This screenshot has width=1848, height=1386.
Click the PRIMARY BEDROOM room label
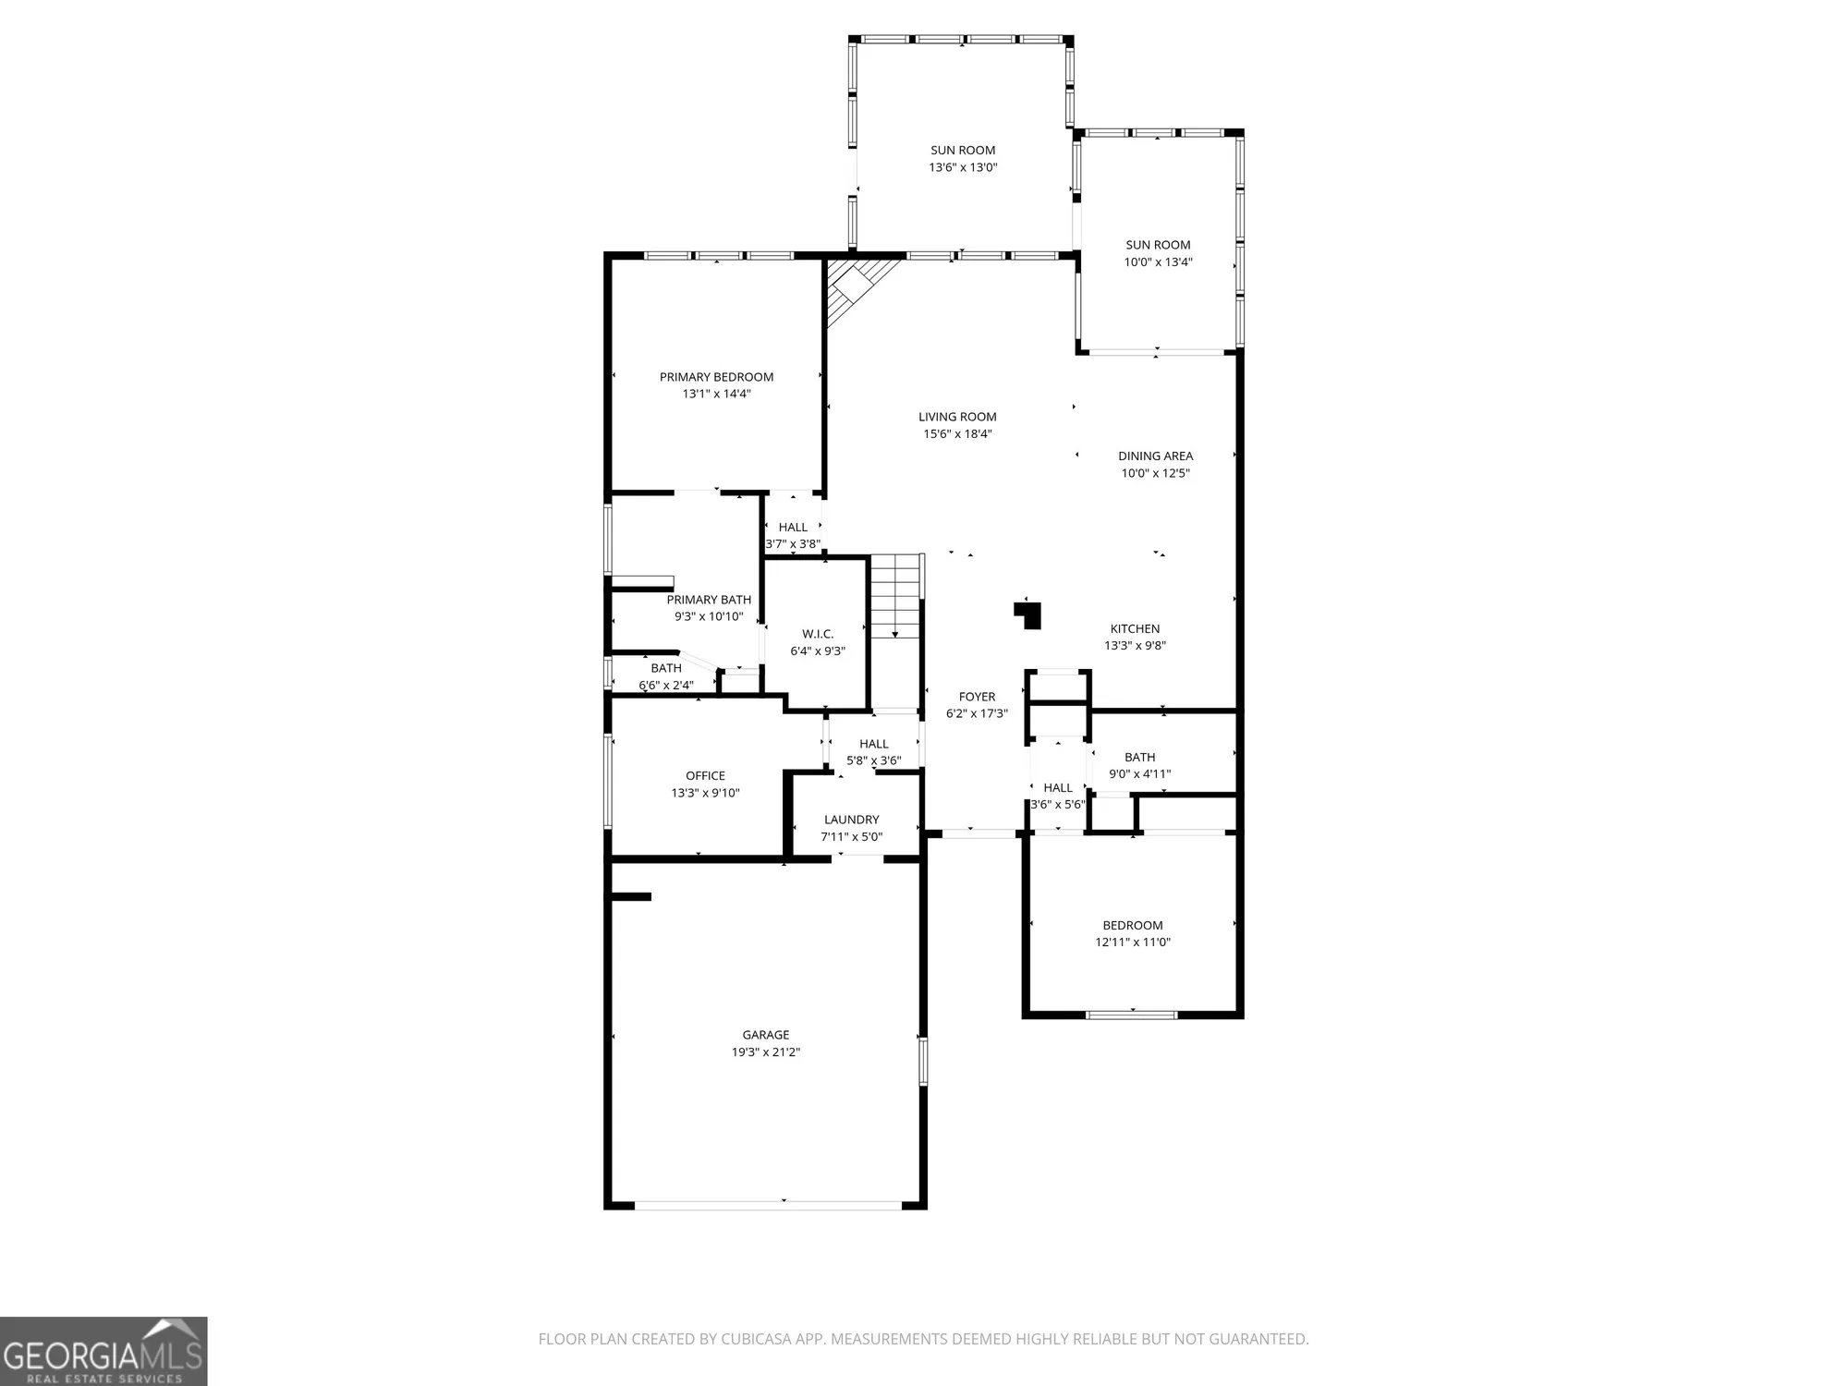[x=716, y=377]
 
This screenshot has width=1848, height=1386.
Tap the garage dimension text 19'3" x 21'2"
[x=765, y=1052]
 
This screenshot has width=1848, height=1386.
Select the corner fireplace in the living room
[x=855, y=286]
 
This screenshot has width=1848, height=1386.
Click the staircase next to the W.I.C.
[x=896, y=596]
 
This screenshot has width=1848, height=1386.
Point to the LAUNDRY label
[x=851, y=820]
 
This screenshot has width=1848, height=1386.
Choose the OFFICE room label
[x=705, y=776]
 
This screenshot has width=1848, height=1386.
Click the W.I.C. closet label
[x=818, y=634]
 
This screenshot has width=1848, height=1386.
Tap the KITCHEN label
[x=1135, y=629]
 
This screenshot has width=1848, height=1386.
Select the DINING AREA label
[x=1155, y=456]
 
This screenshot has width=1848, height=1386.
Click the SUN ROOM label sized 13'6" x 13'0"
[x=963, y=151]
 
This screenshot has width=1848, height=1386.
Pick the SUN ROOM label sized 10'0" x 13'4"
[x=1158, y=245]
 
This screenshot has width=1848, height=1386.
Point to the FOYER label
[x=977, y=697]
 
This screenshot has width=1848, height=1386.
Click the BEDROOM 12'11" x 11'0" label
[x=1133, y=926]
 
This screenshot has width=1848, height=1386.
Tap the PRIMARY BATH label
[x=709, y=600]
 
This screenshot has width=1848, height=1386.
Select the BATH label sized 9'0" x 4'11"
[x=1139, y=758]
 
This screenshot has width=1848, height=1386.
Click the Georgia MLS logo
[x=103, y=1351]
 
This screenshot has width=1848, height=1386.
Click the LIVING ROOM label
[x=957, y=417]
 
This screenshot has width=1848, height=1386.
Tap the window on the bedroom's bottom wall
[x=1131, y=1015]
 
